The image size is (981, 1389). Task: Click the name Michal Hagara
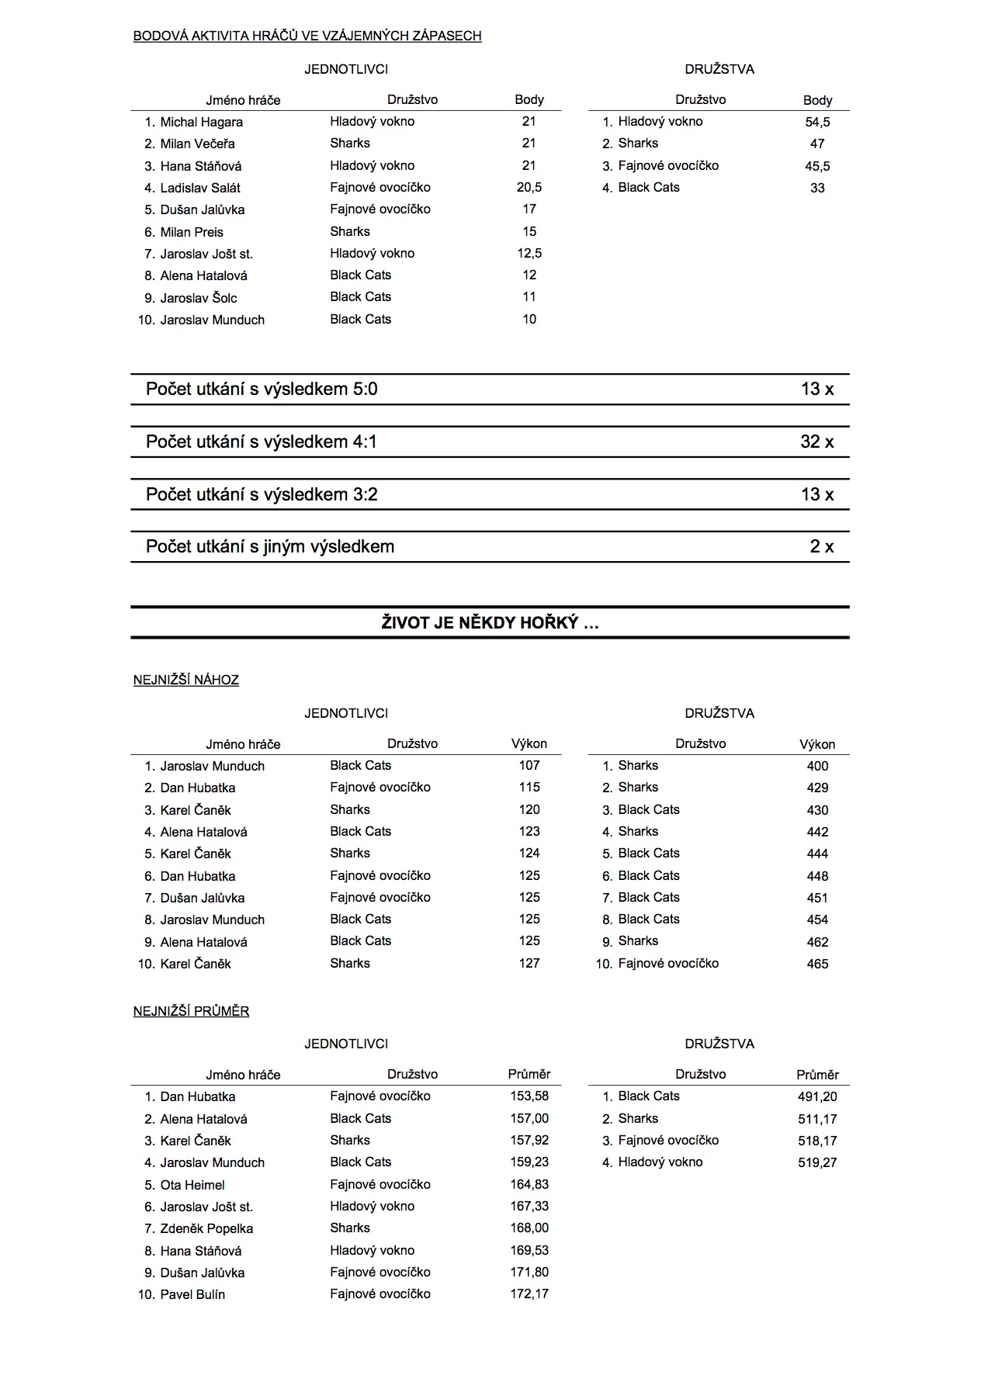[201, 122]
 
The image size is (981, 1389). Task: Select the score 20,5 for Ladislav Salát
[529, 187]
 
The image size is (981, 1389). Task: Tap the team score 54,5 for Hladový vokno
[817, 122]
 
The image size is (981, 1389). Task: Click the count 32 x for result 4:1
[817, 442]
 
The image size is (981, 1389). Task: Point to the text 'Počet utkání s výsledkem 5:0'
[262, 389]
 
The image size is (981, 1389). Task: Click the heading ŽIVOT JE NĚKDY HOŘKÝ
[490, 622]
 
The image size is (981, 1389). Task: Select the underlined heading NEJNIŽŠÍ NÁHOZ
[186, 680]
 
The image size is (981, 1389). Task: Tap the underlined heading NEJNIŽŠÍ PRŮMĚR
[191, 1011]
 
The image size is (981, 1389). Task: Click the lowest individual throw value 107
[529, 765]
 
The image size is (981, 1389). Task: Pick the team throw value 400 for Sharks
[817, 766]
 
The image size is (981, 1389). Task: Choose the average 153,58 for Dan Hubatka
[529, 1096]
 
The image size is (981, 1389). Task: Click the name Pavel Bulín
[192, 1294]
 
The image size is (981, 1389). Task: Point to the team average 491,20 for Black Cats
[817, 1096]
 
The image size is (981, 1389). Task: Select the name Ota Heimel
[192, 1184]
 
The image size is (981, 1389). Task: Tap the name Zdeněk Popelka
[206, 1228]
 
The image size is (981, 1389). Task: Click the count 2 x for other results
[822, 546]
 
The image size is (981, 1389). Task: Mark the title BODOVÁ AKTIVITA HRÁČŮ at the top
[307, 36]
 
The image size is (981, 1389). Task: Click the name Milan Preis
[192, 232]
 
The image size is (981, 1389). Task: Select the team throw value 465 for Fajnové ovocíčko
[817, 963]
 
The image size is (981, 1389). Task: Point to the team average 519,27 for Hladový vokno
[817, 1162]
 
